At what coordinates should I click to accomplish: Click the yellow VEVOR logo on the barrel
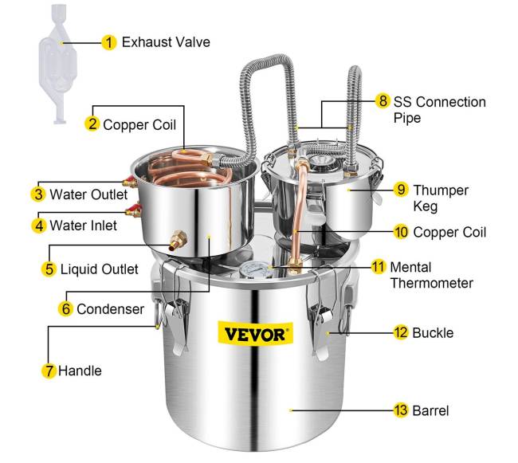click(255, 334)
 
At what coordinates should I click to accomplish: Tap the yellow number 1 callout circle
click(108, 42)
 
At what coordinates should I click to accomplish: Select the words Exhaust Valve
click(166, 42)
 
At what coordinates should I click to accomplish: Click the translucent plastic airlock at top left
click(59, 65)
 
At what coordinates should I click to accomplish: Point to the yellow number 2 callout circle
click(92, 124)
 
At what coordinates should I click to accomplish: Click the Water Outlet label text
click(88, 194)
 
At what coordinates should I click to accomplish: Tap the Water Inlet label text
click(83, 226)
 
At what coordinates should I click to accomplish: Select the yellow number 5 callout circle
click(49, 269)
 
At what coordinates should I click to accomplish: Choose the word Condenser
click(110, 309)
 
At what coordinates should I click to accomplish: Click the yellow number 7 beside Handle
click(49, 371)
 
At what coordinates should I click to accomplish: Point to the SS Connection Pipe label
click(439, 110)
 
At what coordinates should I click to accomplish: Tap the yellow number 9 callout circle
click(401, 190)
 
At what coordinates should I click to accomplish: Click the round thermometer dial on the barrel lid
click(252, 269)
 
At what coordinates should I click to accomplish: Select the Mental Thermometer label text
click(431, 275)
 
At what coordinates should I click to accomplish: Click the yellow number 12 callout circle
click(401, 332)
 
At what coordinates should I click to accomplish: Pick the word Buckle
click(433, 333)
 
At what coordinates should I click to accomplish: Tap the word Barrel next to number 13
click(430, 411)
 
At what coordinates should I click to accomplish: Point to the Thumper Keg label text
click(441, 198)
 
